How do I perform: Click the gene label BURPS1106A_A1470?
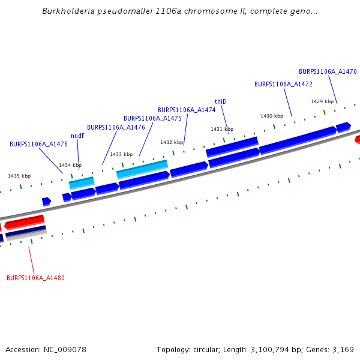click(x=328, y=71)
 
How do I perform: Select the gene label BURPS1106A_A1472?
click(x=283, y=84)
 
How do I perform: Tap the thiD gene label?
click(x=221, y=101)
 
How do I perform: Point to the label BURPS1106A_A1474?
click(x=187, y=110)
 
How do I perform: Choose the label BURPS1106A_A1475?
click(x=152, y=118)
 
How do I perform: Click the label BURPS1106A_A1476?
click(x=116, y=127)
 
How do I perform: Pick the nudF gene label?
click(x=77, y=136)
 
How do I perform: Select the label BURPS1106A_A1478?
click(x=38, y=144)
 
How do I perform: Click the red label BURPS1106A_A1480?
click(x=35, y=278)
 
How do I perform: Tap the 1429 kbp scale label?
click(x=322, y=101)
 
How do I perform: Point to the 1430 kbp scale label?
click(x=271, y=116)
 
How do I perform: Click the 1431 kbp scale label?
click(x=221, y=129)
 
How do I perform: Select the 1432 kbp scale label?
click(x=171, y=142)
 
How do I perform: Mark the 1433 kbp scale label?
click(x=121, y=154)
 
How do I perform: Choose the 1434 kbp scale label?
click(x=70, y=165)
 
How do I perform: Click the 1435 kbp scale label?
click(x=19, y=176)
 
